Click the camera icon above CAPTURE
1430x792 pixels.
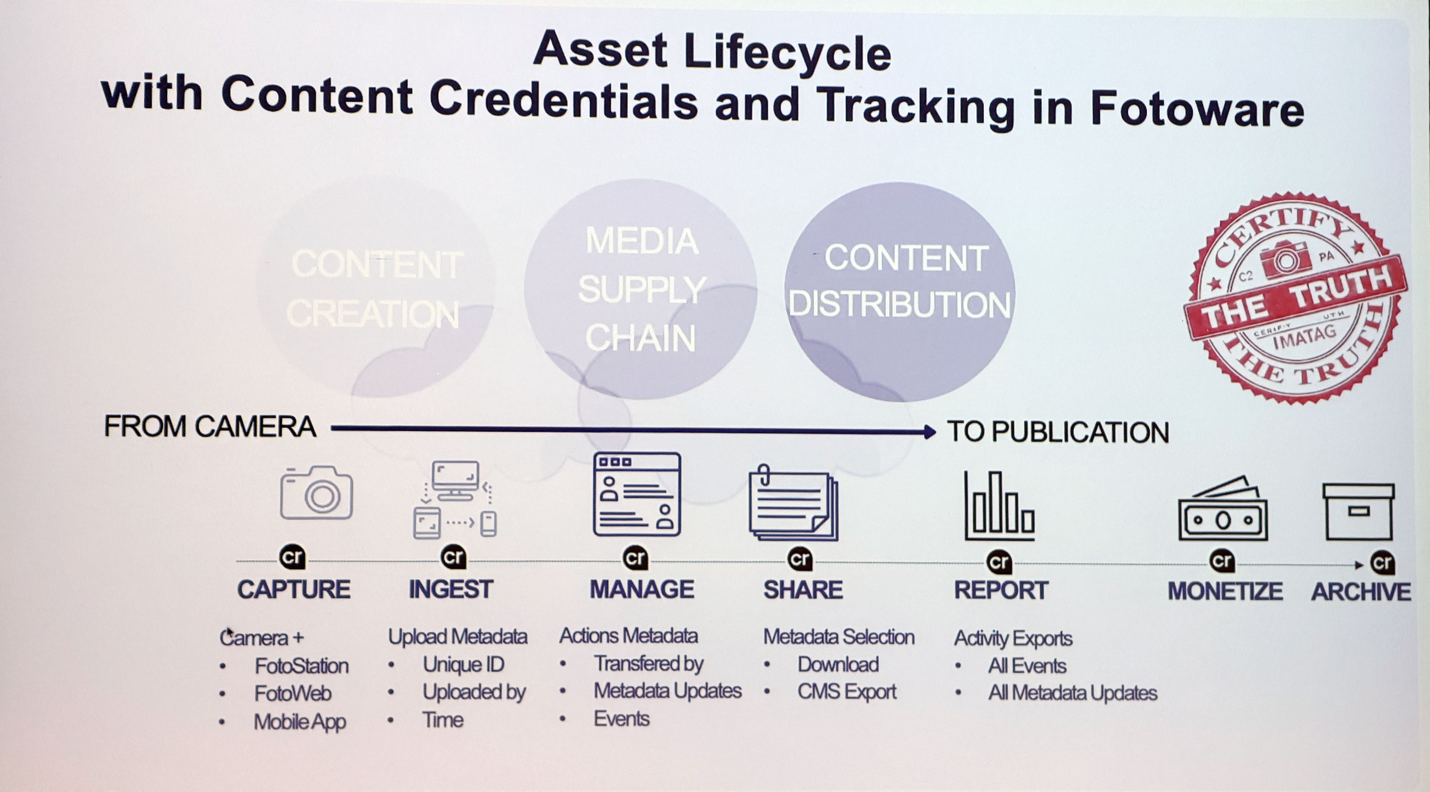(316, 493)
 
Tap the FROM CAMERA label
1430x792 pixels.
(210, 427)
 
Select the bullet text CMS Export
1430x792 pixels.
(847, 691)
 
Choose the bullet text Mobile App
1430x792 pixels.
(300, 721)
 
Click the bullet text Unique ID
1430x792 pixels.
(463, 664)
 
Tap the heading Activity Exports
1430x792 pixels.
(1013, 638)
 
